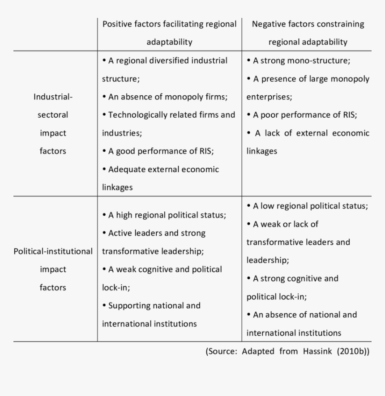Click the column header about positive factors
tap(169, 33)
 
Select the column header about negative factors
tap(308, 33)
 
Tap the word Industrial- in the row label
tap(53, 96)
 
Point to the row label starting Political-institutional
tap(53, 251)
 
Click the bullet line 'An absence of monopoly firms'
tap(165, 96)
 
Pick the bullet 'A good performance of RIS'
tap(158, 151)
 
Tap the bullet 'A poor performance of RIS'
tap(302, 115)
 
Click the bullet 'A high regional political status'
tap(164, 215)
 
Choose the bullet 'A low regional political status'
tap(307, 206)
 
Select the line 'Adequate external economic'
tap(161, 169)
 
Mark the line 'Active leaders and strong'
tap(154, 233)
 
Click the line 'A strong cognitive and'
tap(293, 278)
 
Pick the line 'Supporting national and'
tap(151, 306)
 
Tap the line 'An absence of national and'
tap(302, 315)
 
